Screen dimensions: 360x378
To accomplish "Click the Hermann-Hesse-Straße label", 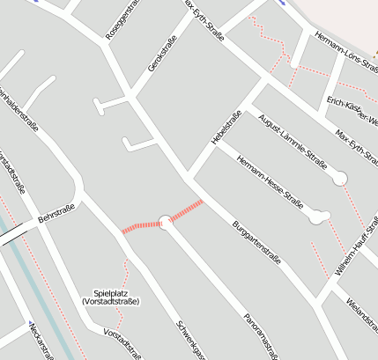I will [x=269, y=178].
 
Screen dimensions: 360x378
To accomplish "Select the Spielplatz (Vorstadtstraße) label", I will [x=109, y=297].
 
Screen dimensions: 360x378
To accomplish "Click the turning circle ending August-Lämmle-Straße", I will [x=340, y=179].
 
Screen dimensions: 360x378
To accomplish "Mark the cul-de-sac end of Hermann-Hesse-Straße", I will [x=319, y=217].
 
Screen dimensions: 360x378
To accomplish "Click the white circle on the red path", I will [x=164, y=222].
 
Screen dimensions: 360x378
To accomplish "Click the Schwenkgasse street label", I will [x=191, y=339].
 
